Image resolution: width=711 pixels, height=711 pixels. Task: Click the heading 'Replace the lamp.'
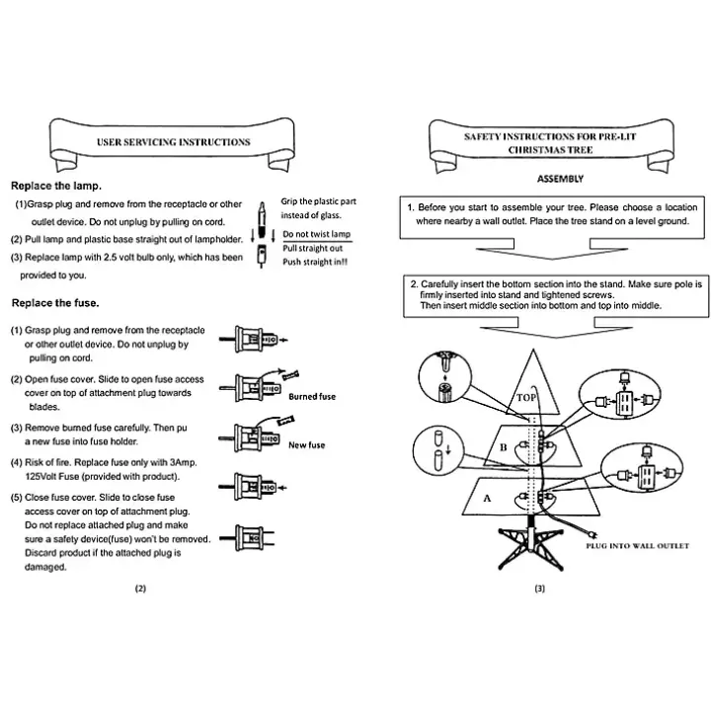click(56, 186)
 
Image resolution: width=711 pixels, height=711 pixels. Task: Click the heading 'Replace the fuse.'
click(54, 302)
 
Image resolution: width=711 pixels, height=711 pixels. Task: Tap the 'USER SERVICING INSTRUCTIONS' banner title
click(173, 142)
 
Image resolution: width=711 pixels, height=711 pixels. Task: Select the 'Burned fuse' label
click(312, 396)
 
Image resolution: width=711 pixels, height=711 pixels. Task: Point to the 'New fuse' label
click(306, 445)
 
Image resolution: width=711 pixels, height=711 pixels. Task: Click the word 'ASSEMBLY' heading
click(560, 179)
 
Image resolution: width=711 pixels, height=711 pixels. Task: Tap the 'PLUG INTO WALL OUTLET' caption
click(637, 545)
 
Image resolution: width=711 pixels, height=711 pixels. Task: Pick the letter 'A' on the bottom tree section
click(486, 499)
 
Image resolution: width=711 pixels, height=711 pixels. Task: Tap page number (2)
click(140, 589)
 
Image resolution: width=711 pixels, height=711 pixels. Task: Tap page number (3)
click(539, 589)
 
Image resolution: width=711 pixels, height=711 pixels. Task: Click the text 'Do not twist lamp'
click(316, 234)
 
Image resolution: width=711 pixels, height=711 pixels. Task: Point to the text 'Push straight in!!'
click(315, 262)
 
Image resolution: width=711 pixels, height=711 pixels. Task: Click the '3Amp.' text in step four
click(191, 463)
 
